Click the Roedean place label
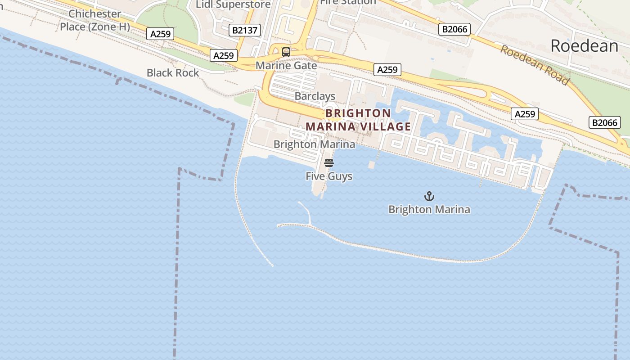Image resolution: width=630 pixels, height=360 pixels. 584,46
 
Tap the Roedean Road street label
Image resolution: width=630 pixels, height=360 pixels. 535,65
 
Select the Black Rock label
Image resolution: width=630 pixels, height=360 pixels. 173,73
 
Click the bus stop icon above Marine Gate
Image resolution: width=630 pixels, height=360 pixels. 286,52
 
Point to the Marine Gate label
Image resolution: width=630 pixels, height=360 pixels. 286,66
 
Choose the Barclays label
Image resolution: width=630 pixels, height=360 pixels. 315,96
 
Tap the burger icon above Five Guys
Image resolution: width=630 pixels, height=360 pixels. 329,163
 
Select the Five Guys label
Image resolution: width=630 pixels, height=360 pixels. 329,176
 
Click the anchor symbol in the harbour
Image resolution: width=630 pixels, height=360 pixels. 429,196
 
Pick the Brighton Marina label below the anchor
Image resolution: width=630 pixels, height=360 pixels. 429,210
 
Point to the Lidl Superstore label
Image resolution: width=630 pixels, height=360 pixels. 233,4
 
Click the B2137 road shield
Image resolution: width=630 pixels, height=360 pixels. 245,30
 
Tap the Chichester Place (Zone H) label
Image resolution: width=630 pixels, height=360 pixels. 95,20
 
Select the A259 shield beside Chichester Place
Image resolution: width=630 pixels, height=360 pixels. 160,34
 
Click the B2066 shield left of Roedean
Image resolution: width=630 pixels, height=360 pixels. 454,29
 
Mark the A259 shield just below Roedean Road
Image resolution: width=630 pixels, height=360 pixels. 525,114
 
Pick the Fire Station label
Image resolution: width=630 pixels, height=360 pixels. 347,2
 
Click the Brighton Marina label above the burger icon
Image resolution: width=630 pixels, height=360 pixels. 314,144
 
